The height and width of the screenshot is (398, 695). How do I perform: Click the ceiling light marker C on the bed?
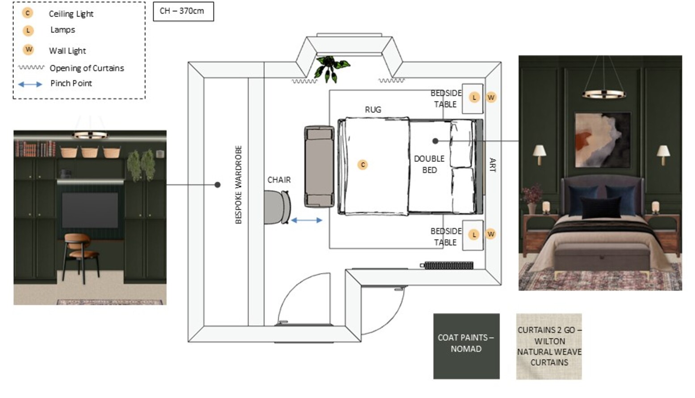pos(362,165)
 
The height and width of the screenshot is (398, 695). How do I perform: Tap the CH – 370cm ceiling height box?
pos(184,12)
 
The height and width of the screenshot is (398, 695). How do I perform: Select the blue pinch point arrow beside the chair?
pos(306,220)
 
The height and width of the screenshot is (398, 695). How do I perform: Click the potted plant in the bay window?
pos(331,68)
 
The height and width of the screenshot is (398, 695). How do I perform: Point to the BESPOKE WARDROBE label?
pos(238,185)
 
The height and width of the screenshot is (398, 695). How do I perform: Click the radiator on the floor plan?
pos(447,265)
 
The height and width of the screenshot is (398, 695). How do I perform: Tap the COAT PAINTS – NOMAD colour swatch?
pos(466,346)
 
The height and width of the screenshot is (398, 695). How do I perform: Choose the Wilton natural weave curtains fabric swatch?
pos(549,347)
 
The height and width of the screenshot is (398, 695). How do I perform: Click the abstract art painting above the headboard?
pos(603,140)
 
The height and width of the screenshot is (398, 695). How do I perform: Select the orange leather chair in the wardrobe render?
pos(80,256)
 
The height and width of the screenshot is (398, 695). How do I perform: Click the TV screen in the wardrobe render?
pos(90,210)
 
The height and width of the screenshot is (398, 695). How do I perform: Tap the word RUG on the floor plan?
pos(373,110)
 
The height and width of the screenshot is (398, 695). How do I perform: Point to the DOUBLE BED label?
pos(429,165)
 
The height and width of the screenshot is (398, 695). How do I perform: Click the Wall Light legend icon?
pos(29,49)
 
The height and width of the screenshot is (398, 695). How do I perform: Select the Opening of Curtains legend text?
pos(87,68)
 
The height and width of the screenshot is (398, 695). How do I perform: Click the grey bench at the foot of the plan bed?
pos(319,166)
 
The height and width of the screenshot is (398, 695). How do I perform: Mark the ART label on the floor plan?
pos(492,165)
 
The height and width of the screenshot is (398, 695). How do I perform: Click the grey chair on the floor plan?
pos(278,207)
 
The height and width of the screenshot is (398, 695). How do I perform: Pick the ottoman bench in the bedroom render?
pos(602,257)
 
